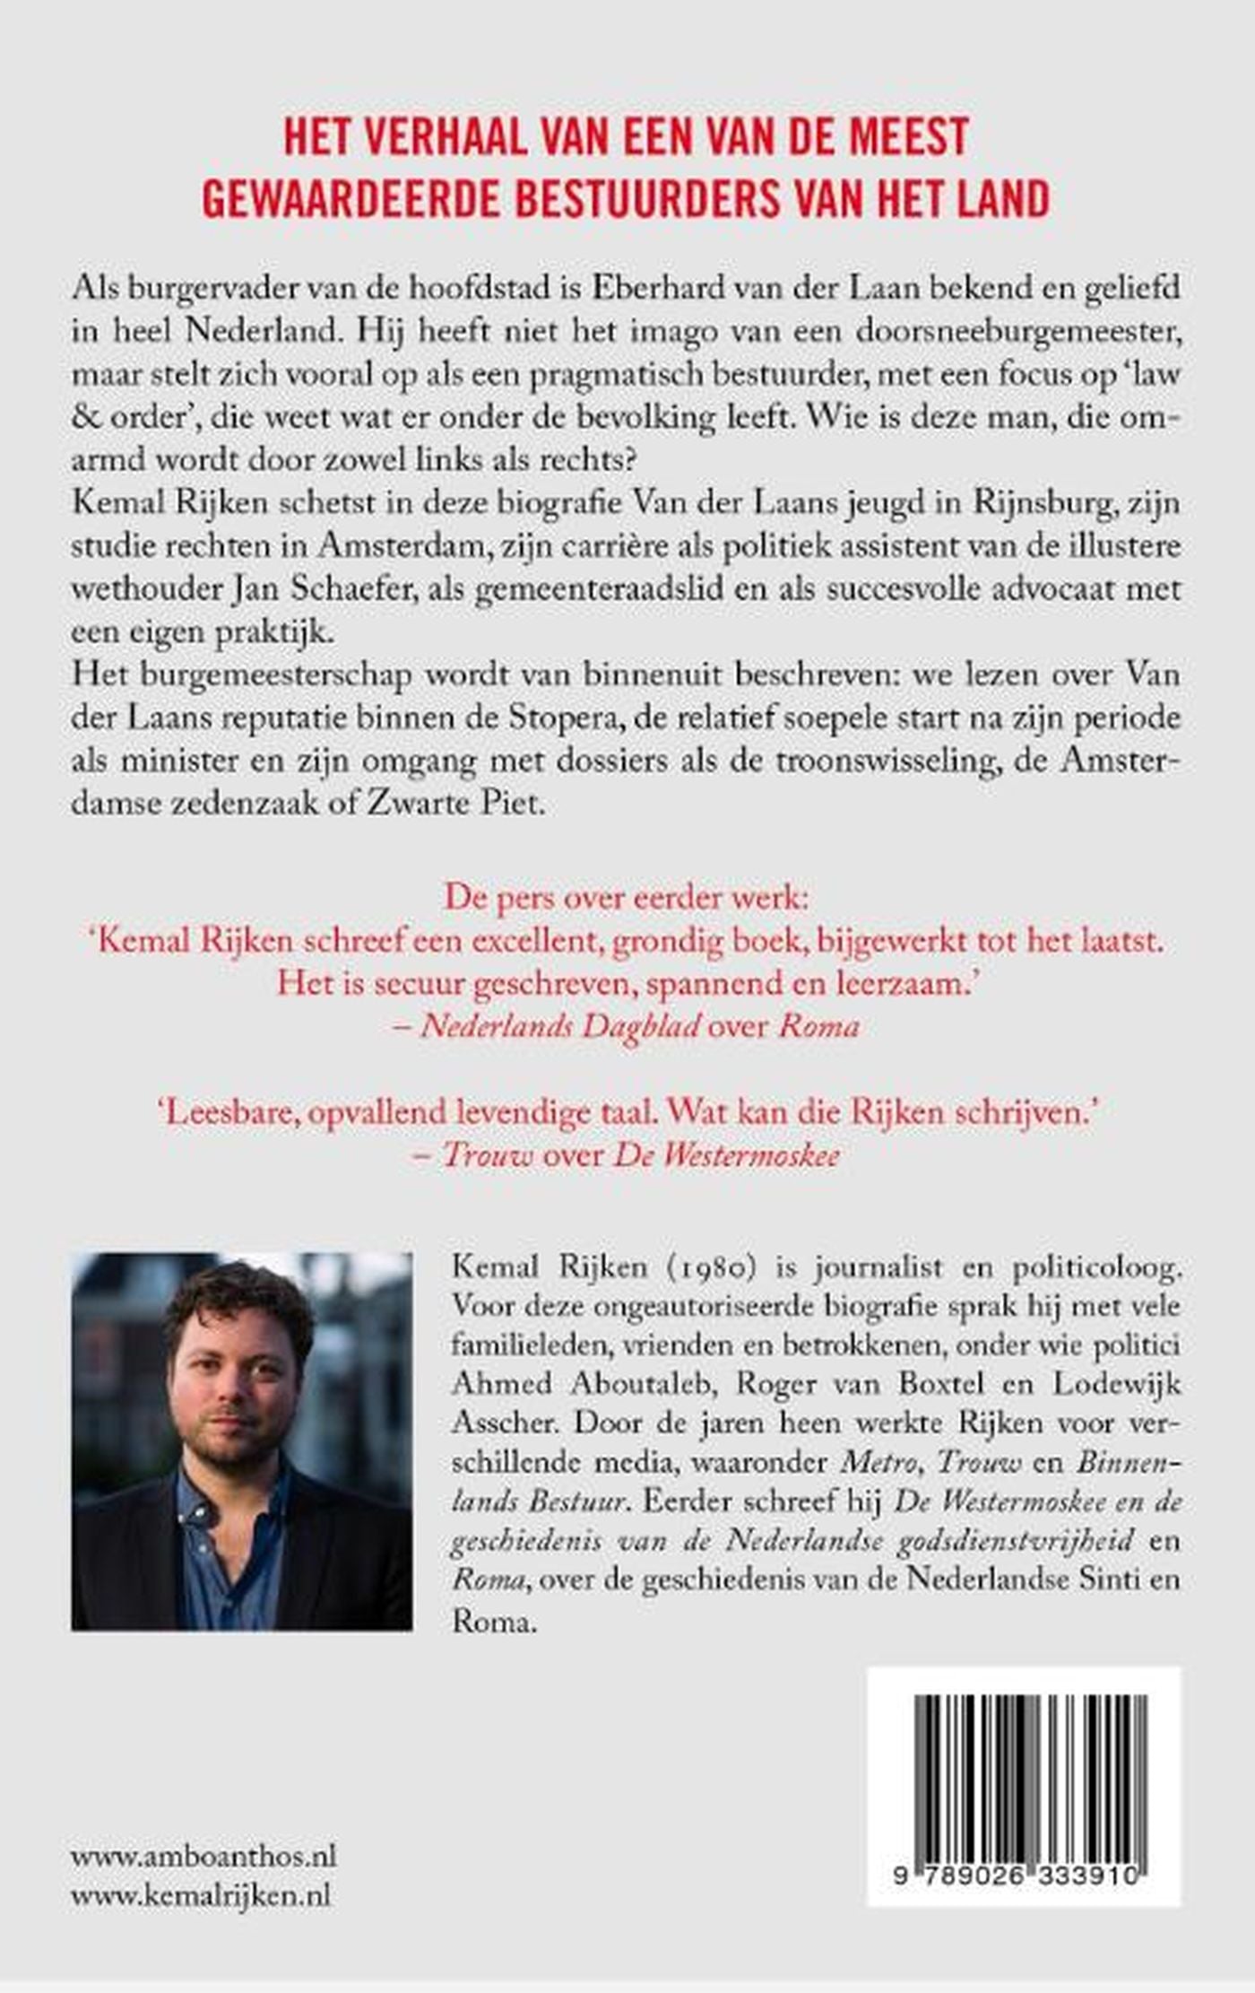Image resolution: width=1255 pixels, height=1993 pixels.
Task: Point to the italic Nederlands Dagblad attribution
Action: [560, 1026]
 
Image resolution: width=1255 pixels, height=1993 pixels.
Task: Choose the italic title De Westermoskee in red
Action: [727, 1156]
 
